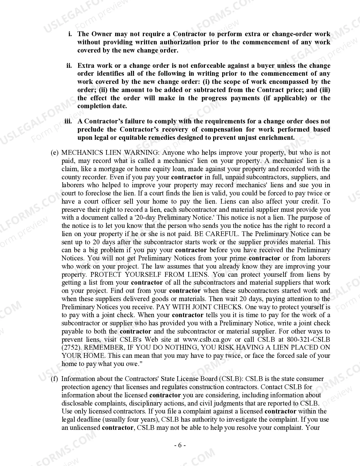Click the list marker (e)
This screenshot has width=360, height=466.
coord(54,153)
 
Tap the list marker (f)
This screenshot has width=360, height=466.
coord(54,379)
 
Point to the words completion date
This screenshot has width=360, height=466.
coord(102,106)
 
